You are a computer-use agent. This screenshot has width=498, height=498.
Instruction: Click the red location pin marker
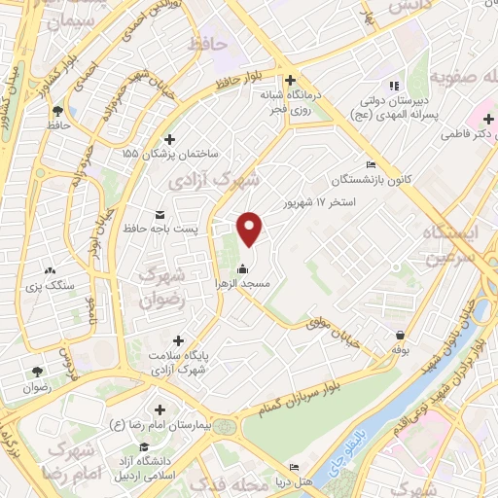251,228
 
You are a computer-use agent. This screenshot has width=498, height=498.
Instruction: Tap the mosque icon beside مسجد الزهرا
241,269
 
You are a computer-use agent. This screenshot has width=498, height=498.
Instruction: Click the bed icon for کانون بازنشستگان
370,164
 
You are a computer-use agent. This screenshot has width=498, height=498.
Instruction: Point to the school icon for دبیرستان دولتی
394,86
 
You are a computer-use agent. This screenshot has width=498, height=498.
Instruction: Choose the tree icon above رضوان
38,372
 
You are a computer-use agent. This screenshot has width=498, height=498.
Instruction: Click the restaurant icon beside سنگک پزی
51,272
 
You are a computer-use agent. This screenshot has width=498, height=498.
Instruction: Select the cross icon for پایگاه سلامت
177,339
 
